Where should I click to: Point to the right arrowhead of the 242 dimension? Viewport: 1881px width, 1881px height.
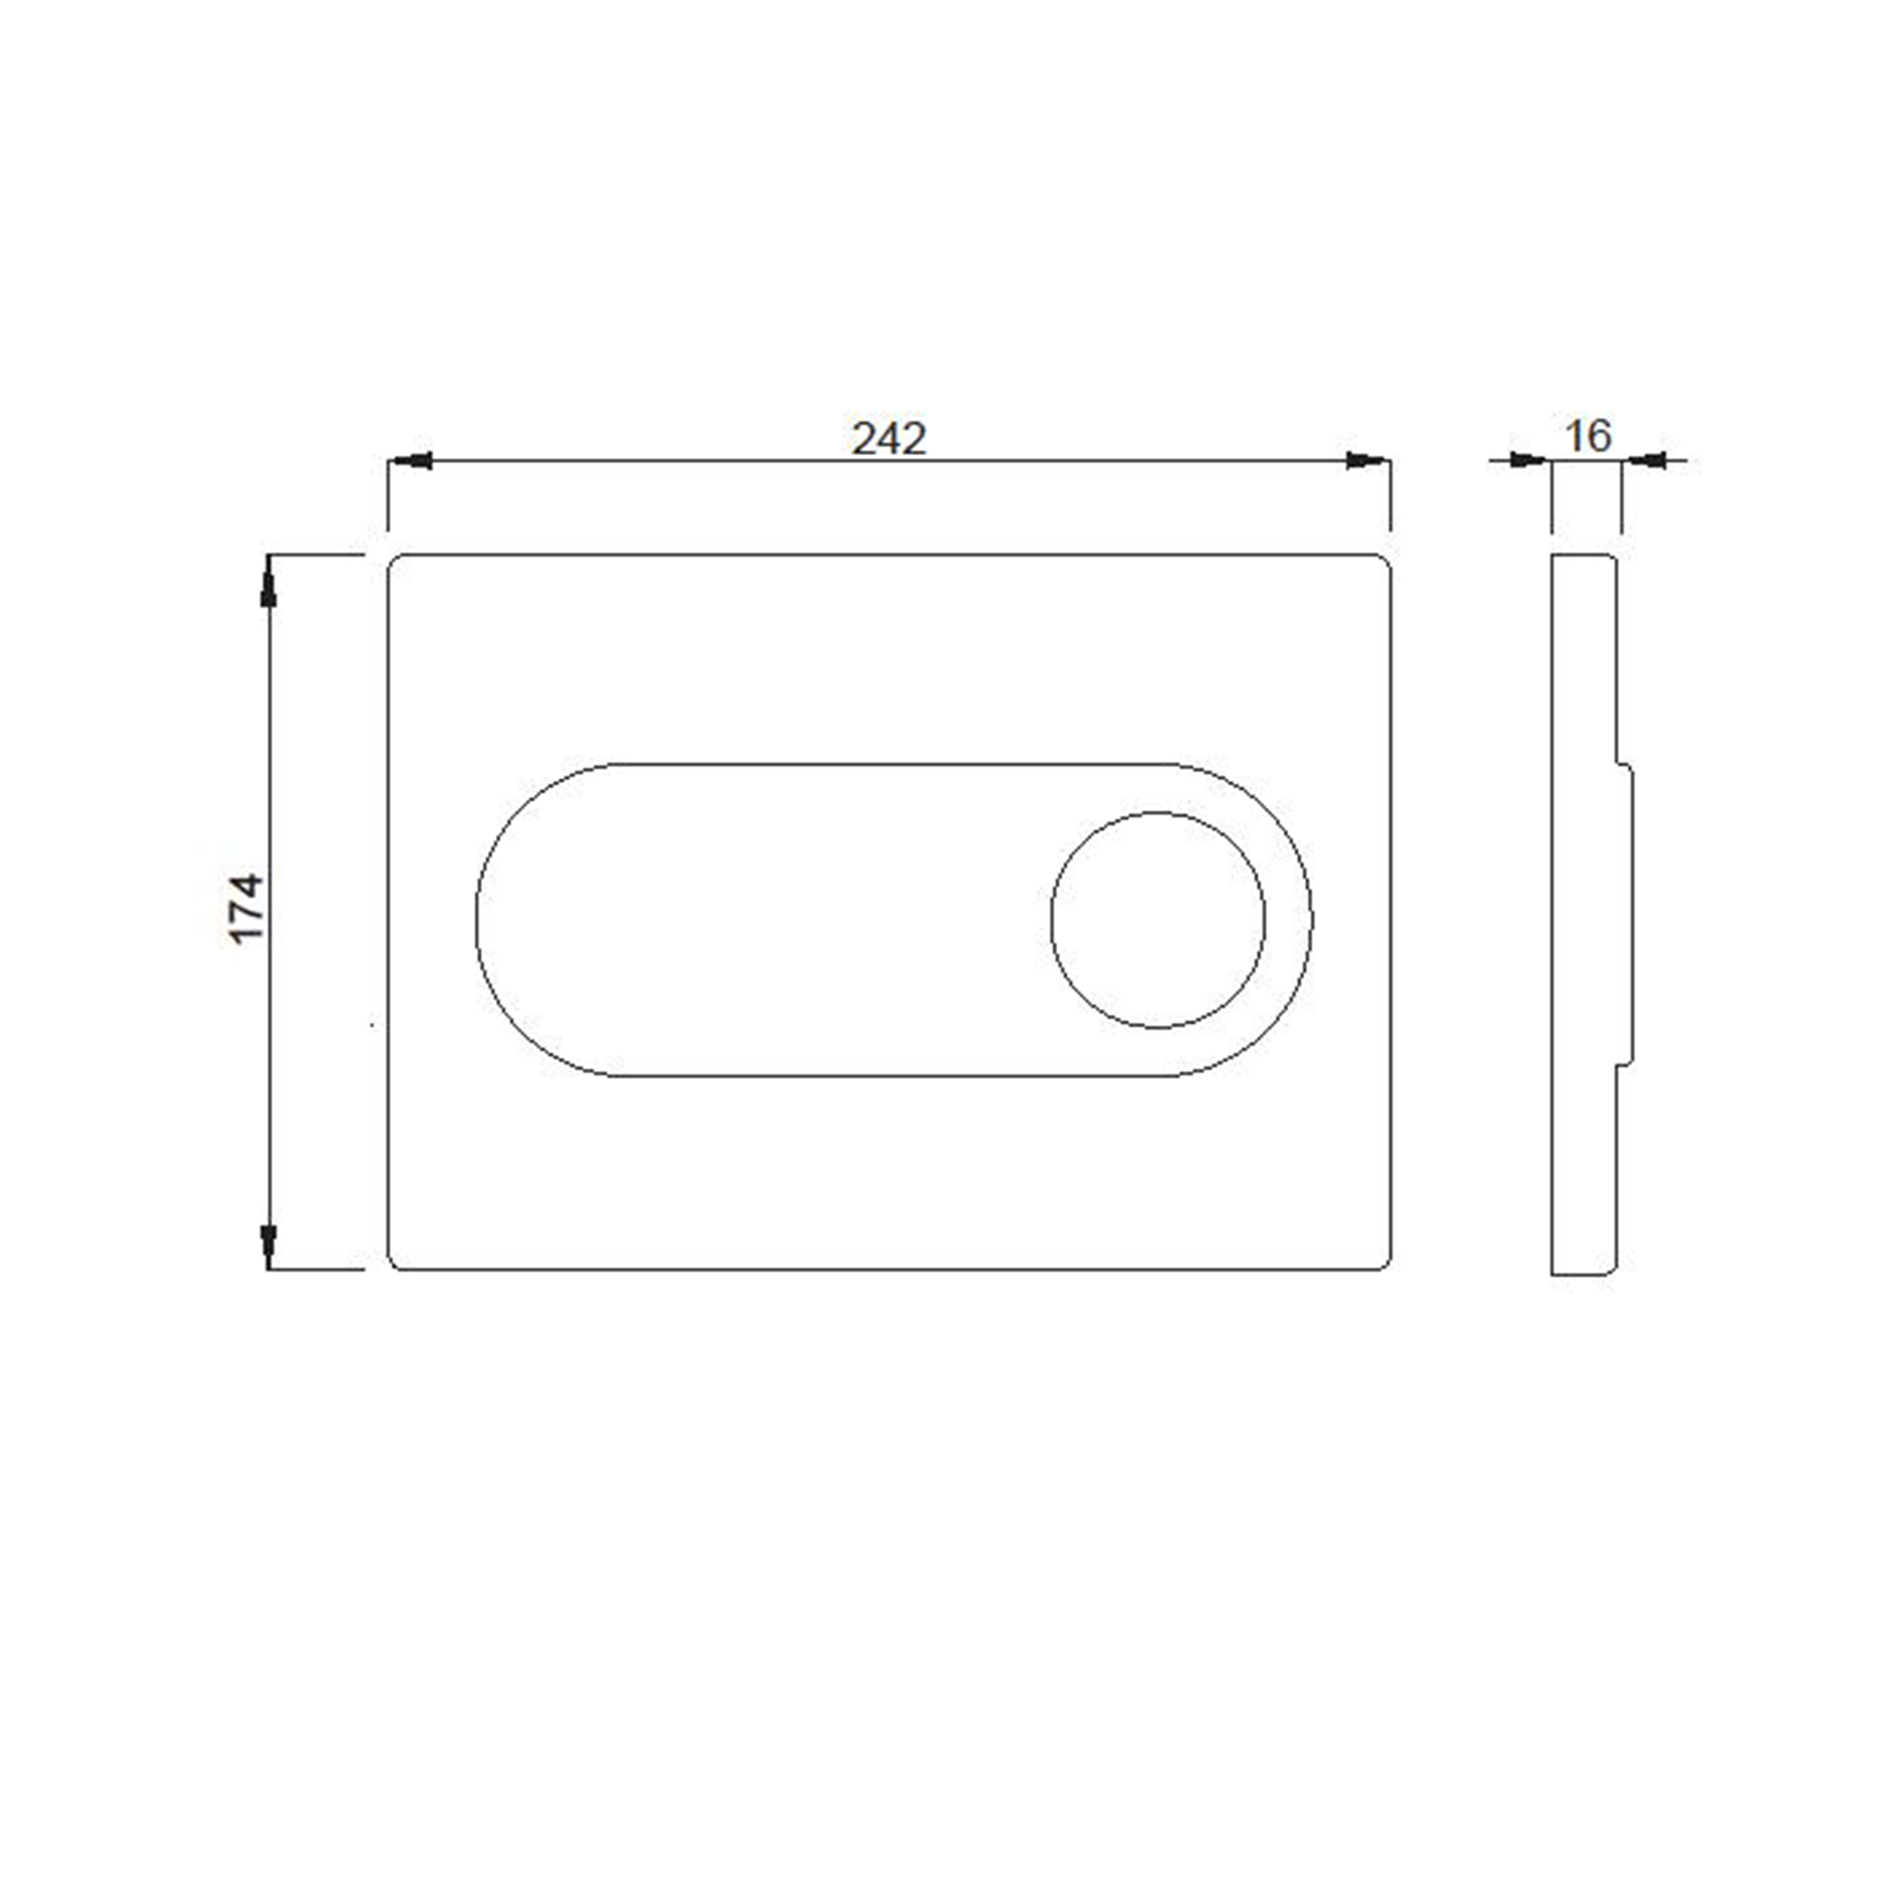1368,460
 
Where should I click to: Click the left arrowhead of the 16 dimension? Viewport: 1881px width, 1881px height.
1529,460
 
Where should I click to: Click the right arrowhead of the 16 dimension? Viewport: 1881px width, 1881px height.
1643,460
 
